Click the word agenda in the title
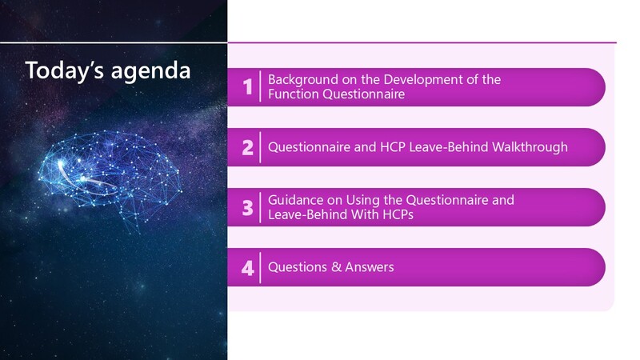pyautogui.click(x=151, y=72)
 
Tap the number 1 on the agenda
pyautogui.click(x=247, y=86)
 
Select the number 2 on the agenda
pyautogui.click(x=247, y=147)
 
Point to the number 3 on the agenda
pyautogui.click(x=247, y=207)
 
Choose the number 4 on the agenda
pyautogui.click(x=247, y=268)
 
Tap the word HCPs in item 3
pyautogui.click(x=398, y=214)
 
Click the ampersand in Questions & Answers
pyautogui.click(x=336, y=267)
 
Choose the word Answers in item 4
pyautogui.click(x=370, y=267)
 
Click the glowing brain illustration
pyautogui.click(x=110, y=175)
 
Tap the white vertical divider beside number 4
pyautogui.click(x=260, y=267)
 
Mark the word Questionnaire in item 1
pyautogui.click(x=364, y=94)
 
